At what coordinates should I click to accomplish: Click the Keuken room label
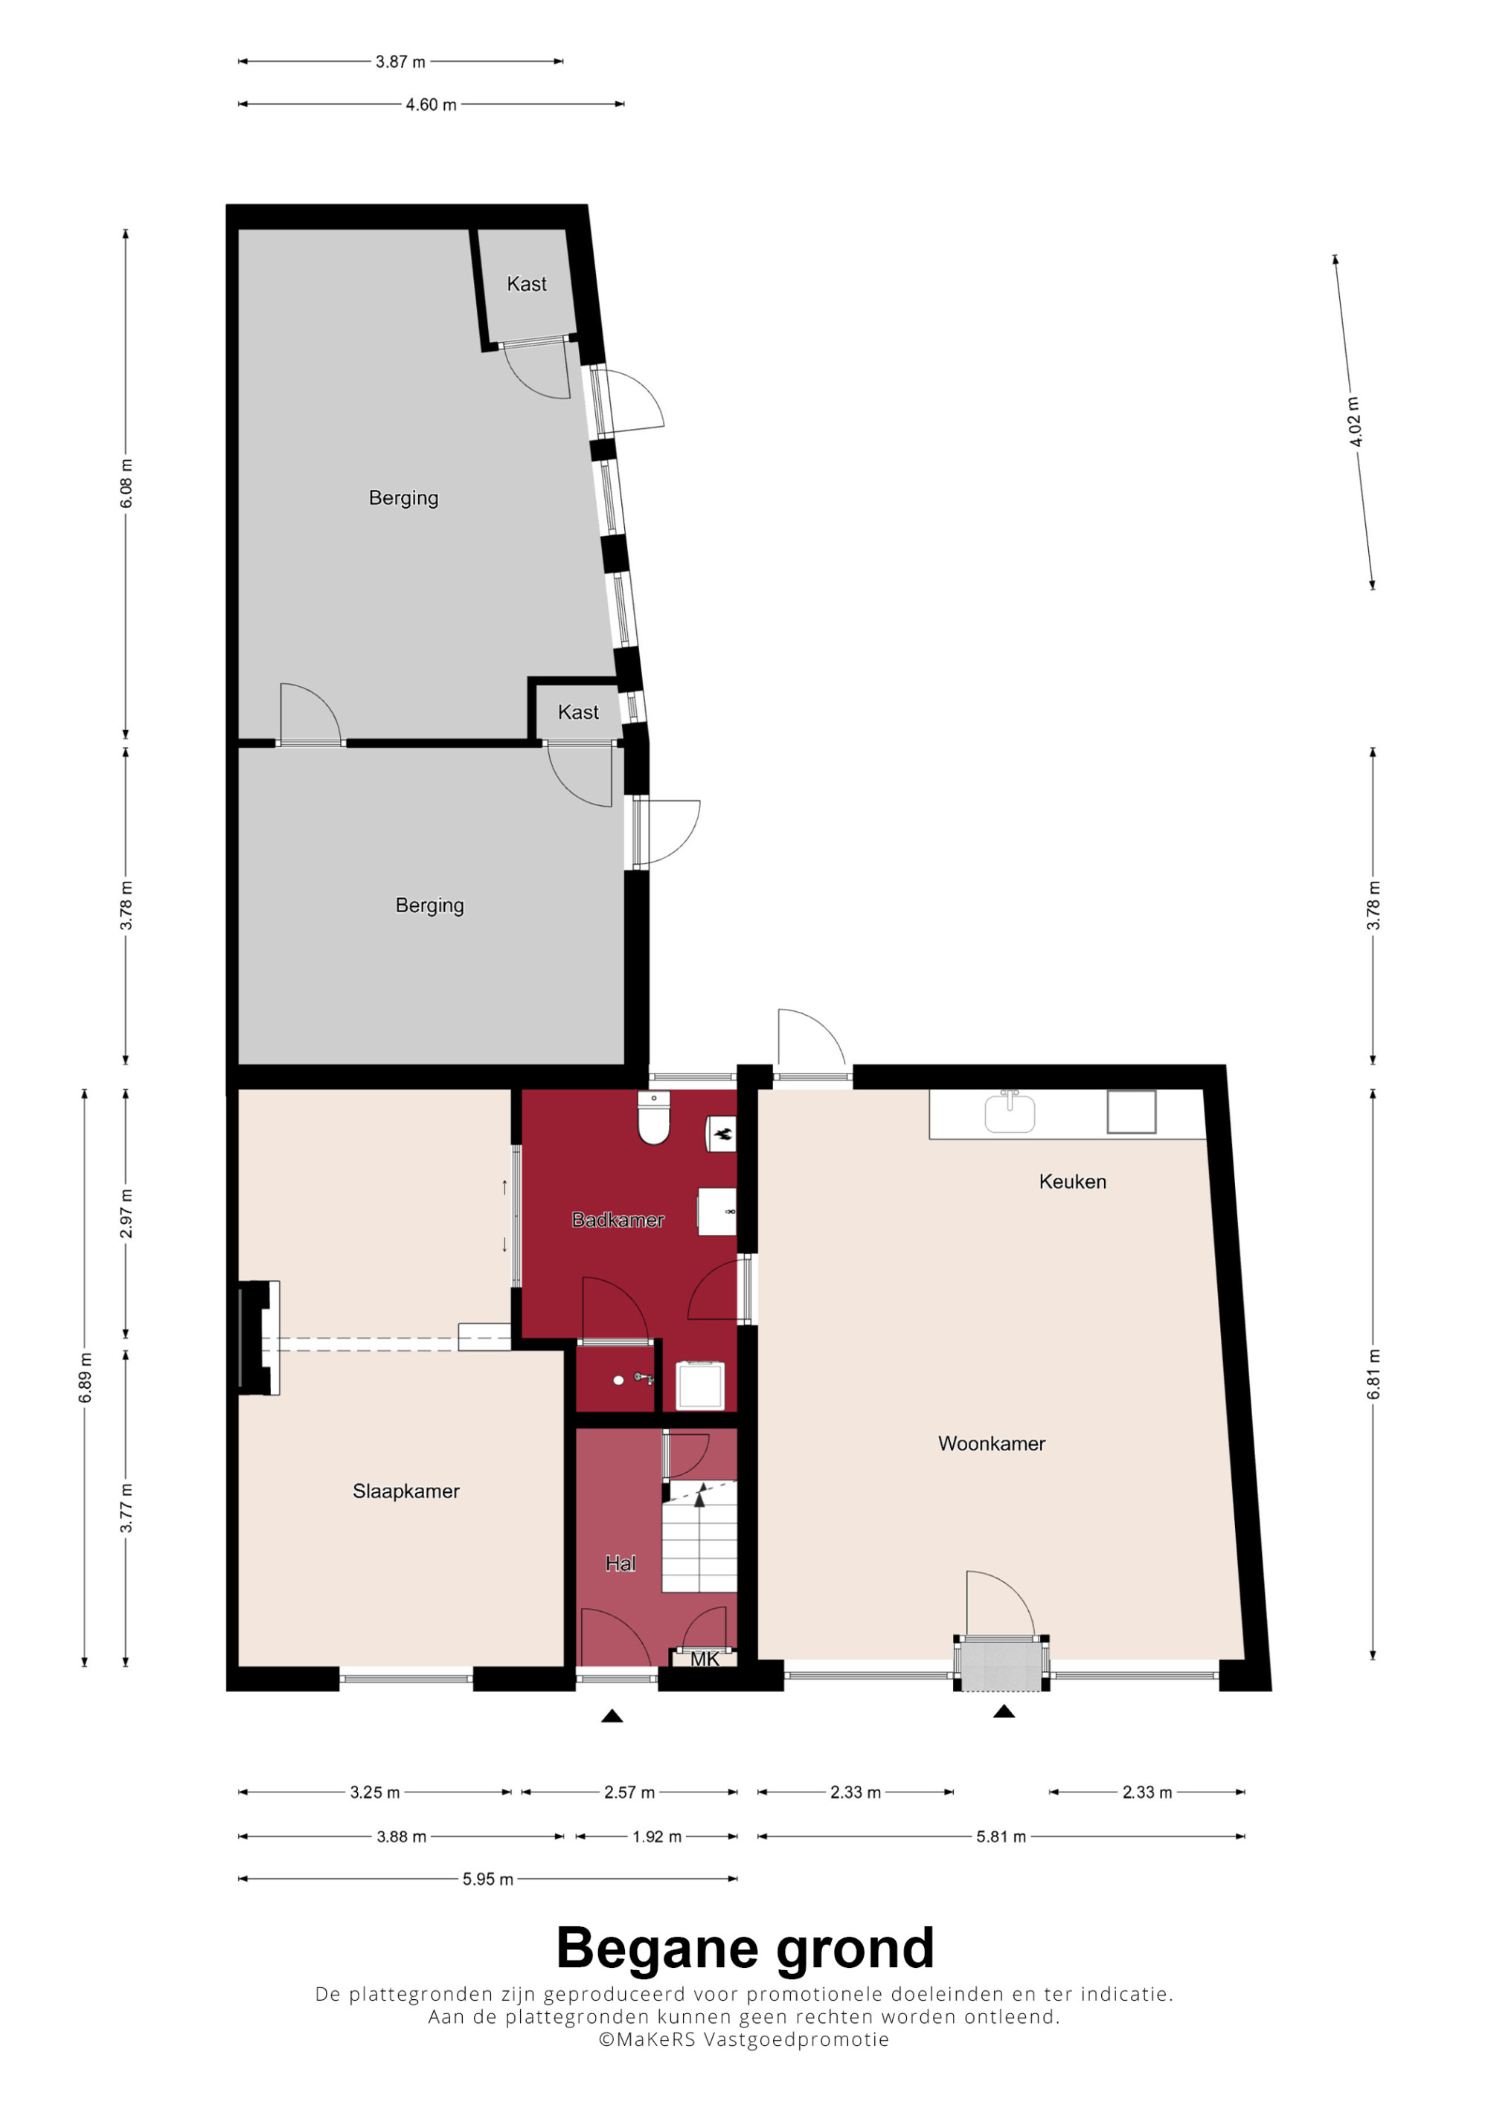[1072, 1181]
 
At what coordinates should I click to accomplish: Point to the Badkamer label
[618, 1220]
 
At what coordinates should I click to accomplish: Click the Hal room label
[620, 1564]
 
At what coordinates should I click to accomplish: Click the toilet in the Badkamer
[654, 1117]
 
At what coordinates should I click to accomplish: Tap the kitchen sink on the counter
[1010, 1111]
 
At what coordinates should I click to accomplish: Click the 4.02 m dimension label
[1354, 422]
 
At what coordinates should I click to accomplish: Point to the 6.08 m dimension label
[126, 484]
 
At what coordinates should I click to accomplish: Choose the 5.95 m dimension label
[488, 1879]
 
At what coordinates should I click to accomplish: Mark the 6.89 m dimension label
[84, 1378]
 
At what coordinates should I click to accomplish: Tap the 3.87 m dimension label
[401, 62]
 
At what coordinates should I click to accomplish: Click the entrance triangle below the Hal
[612, 1717]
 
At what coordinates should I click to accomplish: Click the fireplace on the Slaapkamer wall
[259, 1338]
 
